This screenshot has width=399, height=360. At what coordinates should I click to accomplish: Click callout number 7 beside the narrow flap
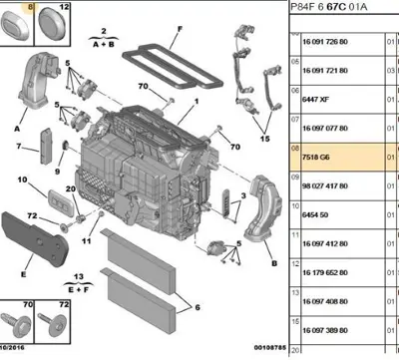(18, 148)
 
